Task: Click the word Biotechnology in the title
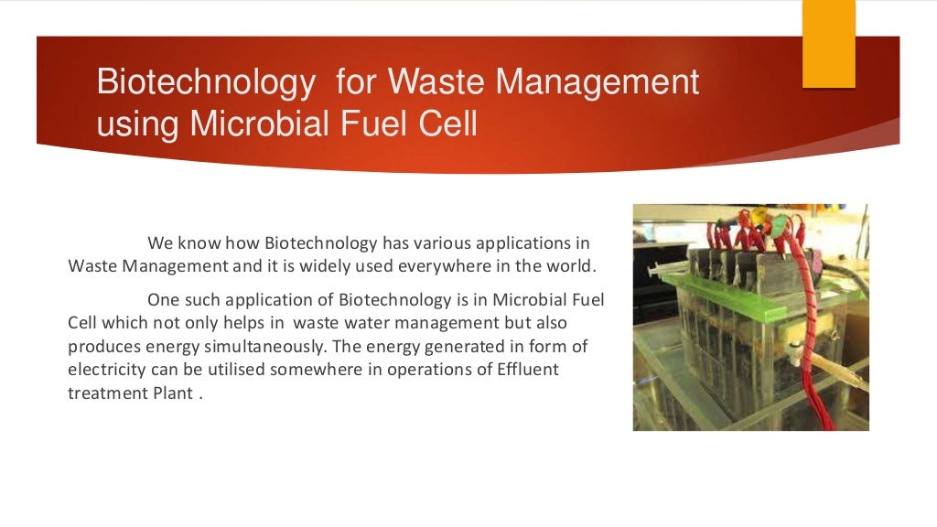pyautogui.click(x=205, y=83)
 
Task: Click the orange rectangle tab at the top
pyautogui.click(x=828, y=43)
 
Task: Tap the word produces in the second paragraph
pyautogui.click(x=100, y=347)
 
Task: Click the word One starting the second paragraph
pyautogui.click(x=162, y=299)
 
